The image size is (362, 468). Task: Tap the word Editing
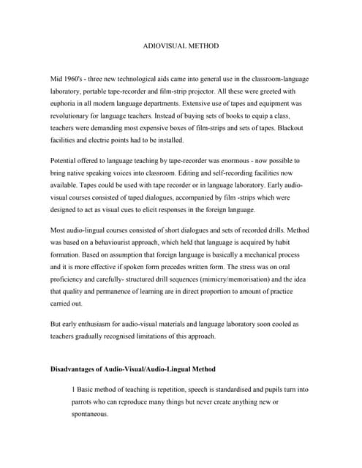[201, 173]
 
